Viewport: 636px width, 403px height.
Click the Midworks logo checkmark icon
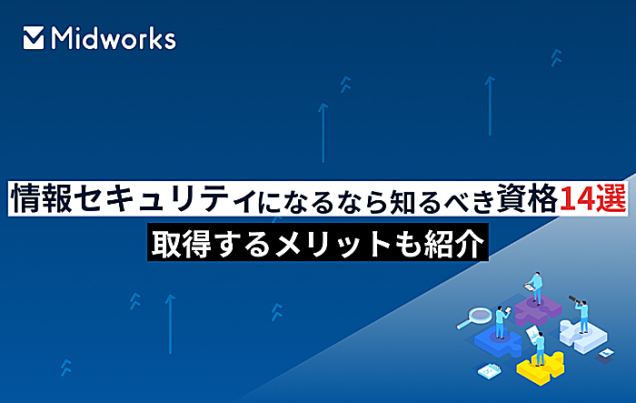(34, 38)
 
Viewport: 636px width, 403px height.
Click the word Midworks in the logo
(114, 38)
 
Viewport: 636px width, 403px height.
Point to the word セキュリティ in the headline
(166, 198)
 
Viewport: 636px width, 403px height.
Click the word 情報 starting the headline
(42, 198)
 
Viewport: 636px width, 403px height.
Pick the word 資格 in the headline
(528, 198)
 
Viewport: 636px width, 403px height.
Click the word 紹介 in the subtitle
(454, 244)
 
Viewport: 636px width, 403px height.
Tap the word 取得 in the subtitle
(182, 244)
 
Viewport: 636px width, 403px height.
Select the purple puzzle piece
(538, 308)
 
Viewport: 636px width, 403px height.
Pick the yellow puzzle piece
(541, 368)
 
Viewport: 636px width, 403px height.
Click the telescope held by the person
(574, 299)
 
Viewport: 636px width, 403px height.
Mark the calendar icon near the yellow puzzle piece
(489, 371)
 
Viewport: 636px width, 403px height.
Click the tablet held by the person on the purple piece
(529, 287)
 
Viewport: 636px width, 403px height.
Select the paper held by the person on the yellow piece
(532, 333)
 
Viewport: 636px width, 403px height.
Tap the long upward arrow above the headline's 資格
(490, 106)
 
